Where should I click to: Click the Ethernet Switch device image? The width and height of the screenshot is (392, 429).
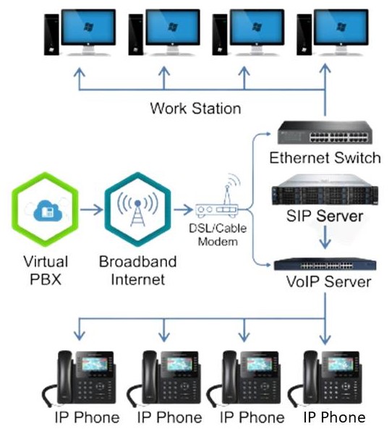pos(325,132)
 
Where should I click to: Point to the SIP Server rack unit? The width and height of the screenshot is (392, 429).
pos(325,190)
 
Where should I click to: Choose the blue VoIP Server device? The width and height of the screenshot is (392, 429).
pos(325,264)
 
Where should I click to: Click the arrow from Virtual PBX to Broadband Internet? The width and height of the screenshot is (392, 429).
pos(91,210)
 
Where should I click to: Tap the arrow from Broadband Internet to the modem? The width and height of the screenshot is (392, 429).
pos(183,210)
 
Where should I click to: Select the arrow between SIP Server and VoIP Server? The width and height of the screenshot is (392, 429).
pos(325,237)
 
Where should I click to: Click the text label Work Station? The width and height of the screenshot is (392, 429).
pos(195,109)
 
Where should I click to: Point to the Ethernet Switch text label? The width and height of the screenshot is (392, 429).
pos(325,158)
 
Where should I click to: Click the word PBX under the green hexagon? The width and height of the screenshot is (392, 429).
pos(46,279)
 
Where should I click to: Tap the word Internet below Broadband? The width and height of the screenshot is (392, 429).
pos(138,279)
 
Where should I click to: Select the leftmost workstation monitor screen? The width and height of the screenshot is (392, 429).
pos(88,27)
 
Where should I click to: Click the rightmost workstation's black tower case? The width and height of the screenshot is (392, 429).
pos(304,35)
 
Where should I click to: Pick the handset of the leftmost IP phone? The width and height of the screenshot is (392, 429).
pos(64,378)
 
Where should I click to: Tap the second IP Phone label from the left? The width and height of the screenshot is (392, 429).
pos(170,417)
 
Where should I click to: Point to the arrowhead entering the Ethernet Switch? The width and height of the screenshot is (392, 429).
pos(268,134)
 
